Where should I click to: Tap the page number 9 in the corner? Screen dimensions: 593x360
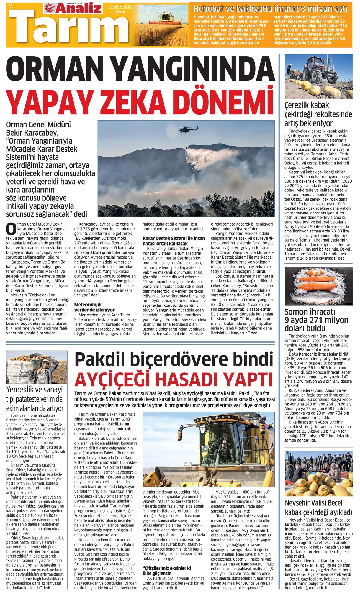tap(11, 6)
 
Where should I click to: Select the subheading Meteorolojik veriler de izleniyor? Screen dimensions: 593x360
tap(94, 307)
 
